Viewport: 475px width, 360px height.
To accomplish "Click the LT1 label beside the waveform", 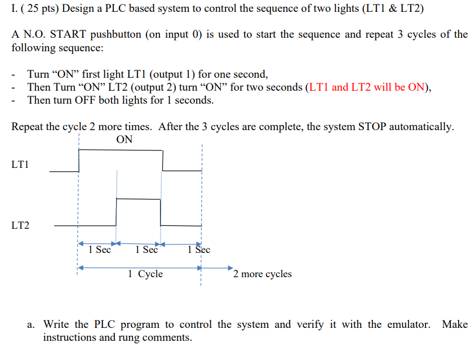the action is pos(20,165).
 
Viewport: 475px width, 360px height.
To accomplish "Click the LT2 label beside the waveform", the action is pos(20,225).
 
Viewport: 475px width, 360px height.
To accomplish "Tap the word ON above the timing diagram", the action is pos(124,140).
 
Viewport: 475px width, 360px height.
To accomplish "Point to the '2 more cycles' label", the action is pos(263,274).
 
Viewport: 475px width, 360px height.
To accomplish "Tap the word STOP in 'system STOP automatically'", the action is pos(373,126).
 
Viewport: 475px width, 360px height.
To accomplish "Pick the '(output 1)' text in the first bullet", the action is pos(167,74).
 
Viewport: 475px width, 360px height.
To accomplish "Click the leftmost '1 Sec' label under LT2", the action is pos(100,250).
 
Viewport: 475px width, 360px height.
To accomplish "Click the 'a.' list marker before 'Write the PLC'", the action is pos(32,325).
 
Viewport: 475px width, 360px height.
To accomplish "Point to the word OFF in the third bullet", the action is pos(86,100).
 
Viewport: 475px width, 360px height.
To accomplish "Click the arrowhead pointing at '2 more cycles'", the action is pos(229,268).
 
